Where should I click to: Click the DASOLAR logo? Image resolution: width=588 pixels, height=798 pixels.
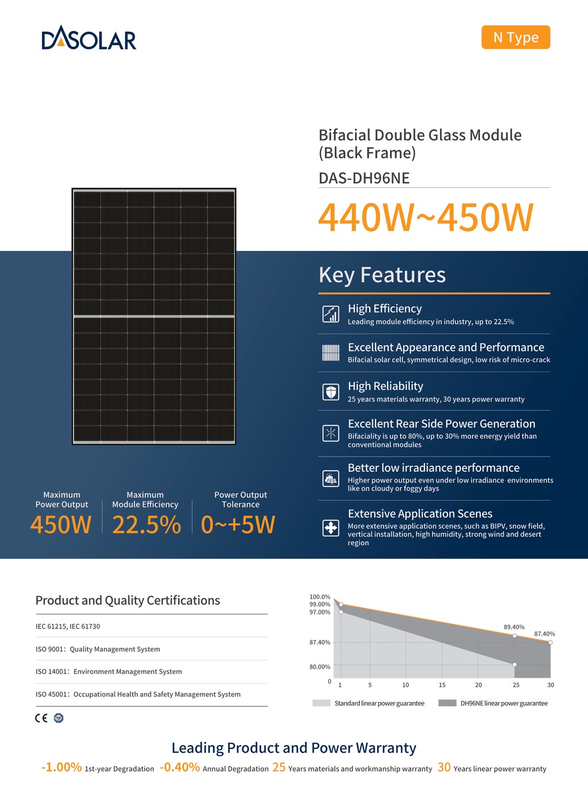pos(89,38)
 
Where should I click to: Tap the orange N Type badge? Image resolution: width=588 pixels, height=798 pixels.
pos(516,37)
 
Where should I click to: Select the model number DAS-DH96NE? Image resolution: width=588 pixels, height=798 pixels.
pos(364,178)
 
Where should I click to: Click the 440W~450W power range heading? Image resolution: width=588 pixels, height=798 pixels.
pos(425,218)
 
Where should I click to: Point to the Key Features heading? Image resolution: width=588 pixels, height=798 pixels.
pos(382,275)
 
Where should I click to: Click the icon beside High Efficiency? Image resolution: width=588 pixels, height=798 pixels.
pos(331,314)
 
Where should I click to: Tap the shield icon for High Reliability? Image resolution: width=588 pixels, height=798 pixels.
pos(331,392)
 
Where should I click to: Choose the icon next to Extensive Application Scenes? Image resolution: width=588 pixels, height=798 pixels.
pos(331,528)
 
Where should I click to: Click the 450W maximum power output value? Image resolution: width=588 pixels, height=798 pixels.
pos(61,525)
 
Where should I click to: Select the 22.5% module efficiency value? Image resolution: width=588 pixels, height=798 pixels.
pos(146,525)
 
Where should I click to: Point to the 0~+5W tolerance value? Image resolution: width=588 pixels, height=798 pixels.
pos(238,525)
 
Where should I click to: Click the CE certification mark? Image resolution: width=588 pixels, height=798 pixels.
pos(41,718)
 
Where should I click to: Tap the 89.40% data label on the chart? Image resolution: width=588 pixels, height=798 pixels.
pos(514,627)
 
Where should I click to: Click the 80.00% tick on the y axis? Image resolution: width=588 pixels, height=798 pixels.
pos(320,667)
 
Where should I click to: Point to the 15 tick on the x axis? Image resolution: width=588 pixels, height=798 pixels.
pos(442,685)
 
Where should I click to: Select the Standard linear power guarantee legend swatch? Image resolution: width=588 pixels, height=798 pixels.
pos(322,703)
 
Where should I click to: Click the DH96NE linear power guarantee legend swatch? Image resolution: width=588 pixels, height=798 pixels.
pos(447,703)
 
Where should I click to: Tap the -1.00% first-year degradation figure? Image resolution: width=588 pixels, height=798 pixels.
pos(61,768)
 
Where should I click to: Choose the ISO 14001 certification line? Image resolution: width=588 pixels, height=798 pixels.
pos(109,672)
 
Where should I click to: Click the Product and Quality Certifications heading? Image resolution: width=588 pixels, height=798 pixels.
pos(127,601)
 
